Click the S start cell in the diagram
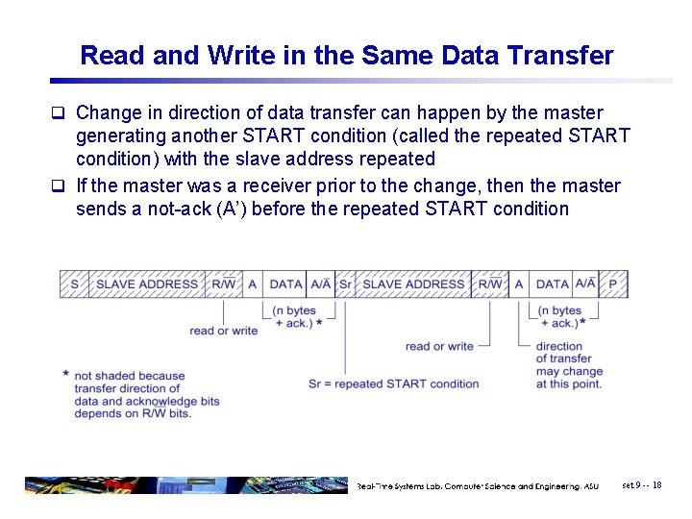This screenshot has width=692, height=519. pos(74,284)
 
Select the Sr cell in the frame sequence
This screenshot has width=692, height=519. pos(345,284)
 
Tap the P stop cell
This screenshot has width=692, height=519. pos(613,284)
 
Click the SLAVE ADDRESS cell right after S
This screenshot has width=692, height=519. pos(147,284)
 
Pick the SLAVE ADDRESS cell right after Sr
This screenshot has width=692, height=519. pos(414,284)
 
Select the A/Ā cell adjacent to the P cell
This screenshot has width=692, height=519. pos(585,284)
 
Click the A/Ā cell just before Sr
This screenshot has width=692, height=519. pos(320,284)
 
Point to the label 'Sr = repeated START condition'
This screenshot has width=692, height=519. pos(393,383)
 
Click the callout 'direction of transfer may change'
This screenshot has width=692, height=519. pos(569,365)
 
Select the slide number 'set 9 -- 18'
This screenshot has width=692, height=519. pos(641,485)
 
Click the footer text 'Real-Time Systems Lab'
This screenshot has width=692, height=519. pos(404,486)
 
